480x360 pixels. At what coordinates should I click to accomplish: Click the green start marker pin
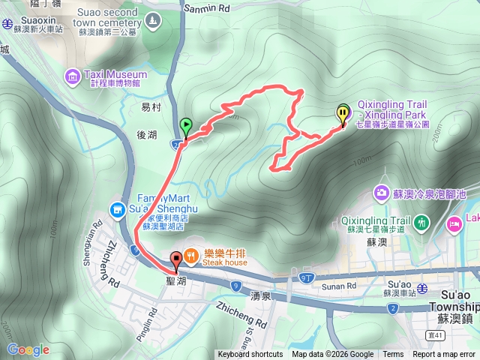[185, 125]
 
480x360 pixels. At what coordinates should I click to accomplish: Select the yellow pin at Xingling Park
[343, 114]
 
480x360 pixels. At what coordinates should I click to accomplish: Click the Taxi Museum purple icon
[72, 75]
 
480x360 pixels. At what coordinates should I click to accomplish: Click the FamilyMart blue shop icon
[117, 208]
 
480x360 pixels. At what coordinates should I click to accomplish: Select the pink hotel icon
[454, 223]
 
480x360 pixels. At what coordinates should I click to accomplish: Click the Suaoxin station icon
[7, 22]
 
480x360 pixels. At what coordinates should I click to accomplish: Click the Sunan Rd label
[340, 286]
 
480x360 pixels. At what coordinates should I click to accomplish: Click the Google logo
[28, 349]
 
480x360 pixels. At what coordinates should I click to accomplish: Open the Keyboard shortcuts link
[250, 355]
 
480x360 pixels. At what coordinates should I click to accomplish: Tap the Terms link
[393, 355]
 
